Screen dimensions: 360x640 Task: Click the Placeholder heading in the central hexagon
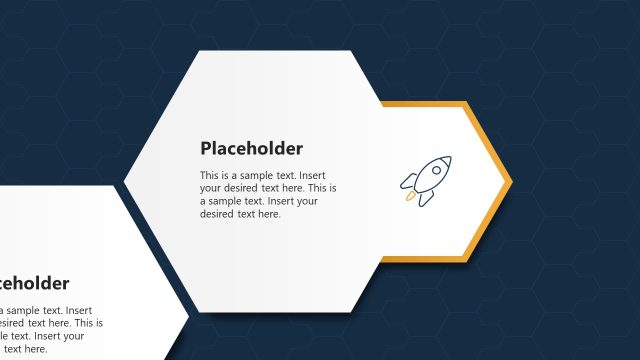point(251,149)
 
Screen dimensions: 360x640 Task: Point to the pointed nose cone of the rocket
point(446,160)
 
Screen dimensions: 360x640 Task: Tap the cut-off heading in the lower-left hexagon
point(34,283)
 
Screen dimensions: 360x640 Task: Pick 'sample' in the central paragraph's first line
point(263,175)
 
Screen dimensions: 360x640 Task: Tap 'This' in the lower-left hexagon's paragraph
point(82,323)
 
